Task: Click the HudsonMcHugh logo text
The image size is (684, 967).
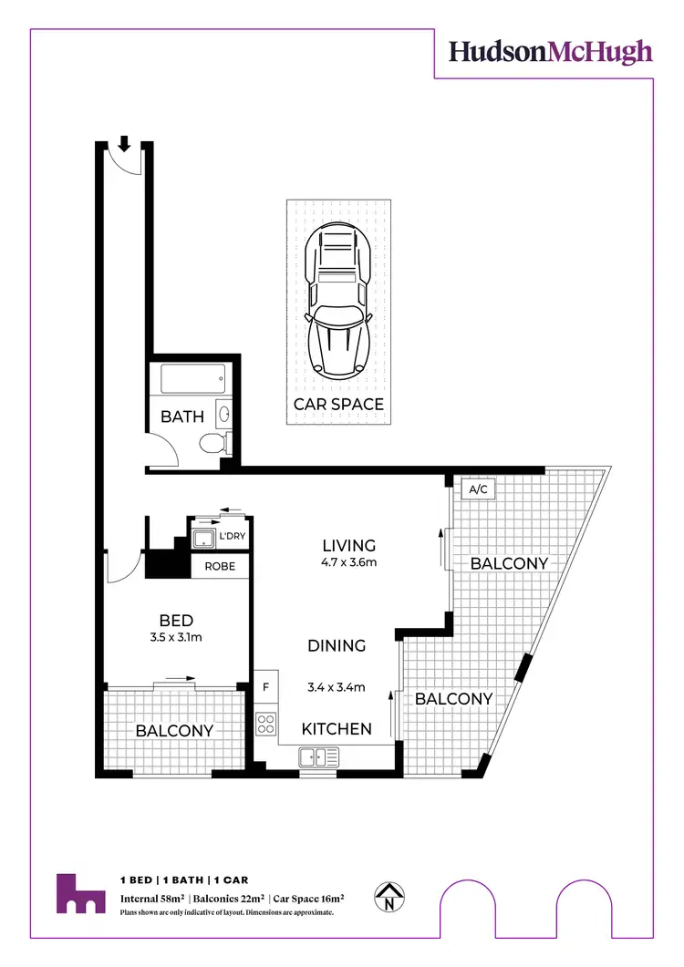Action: click(551, 51)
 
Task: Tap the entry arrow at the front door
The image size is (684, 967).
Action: click(124, 143)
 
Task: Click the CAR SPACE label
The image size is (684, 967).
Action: click(337, 404)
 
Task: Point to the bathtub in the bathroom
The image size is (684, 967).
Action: click(192, 379)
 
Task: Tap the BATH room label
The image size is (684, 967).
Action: click(181, 417)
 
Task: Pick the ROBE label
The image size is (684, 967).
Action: click(220, 566)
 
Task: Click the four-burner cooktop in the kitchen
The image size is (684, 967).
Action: click(266, 725)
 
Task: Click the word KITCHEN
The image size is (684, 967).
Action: click(337, 728)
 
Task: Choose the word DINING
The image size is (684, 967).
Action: click(337, 645)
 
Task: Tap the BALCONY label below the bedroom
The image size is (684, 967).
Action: click(174, 730)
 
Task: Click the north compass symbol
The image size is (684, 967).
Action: click(389, 898)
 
